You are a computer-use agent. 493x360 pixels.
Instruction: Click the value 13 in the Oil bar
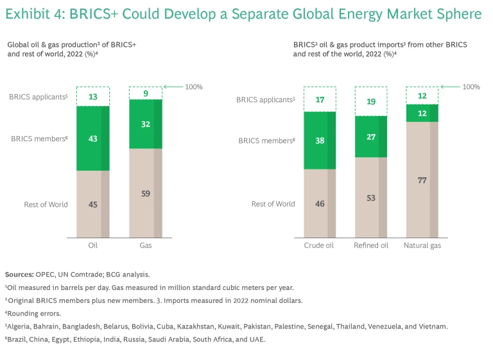coord(92,97)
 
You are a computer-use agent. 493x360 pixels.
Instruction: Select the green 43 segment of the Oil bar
coord(92,138)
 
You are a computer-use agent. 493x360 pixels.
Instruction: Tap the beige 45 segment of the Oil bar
coord(92,205)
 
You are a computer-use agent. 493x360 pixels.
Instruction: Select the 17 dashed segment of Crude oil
coord(319,99)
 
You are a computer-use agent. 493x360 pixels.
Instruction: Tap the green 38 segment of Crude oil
coord(319,141)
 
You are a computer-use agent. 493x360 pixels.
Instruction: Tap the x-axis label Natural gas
coord(422,245)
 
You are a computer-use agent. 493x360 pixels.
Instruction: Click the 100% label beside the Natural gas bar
coord(472,87)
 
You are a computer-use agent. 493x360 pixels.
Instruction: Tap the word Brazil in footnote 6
coord(20,339)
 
